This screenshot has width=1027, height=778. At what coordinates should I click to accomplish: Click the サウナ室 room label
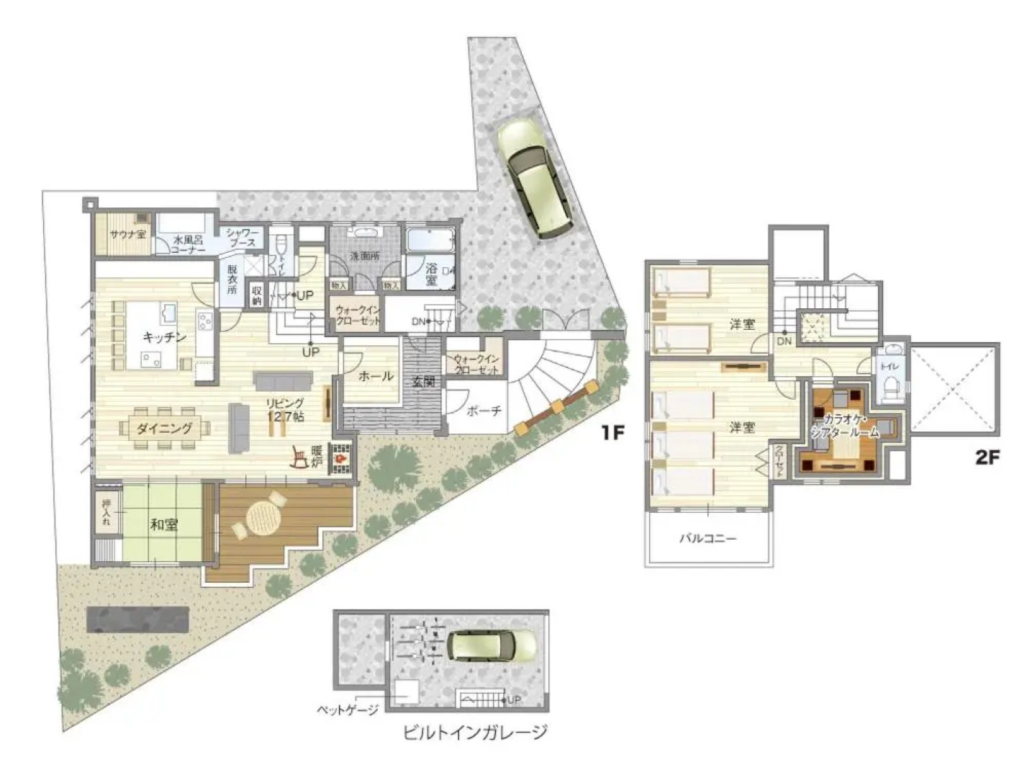(127, 234)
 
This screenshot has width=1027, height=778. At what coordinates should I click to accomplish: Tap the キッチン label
(165, 337)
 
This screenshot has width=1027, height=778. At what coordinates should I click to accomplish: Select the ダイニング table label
(165, 429)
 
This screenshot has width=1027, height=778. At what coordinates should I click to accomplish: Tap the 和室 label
(163, 524)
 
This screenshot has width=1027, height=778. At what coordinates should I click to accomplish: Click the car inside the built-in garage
(494, 645)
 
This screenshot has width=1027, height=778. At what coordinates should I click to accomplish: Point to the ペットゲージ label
(348, 711)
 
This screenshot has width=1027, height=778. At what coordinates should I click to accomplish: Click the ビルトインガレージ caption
(476, 733)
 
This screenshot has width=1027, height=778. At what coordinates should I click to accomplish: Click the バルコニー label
(709, 537)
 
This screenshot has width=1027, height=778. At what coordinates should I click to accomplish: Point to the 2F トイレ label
(890, 367)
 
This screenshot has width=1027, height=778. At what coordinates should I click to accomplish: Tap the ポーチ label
(484, 412)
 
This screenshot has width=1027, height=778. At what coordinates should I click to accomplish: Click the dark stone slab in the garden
(138, 620)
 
